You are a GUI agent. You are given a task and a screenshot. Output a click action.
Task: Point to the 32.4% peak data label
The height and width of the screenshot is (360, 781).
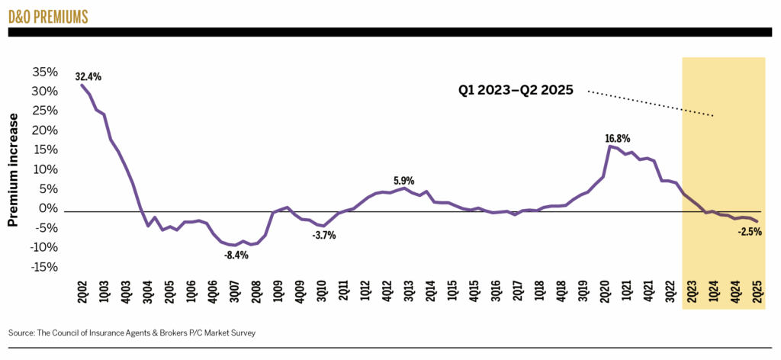tap(88, 76)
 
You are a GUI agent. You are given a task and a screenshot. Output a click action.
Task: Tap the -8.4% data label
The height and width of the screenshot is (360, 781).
tap(236, 255)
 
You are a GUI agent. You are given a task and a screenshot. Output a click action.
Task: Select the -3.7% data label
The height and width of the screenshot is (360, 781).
tap(323, 235)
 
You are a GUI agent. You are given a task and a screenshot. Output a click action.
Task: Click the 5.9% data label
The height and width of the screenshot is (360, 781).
tap(403, 181)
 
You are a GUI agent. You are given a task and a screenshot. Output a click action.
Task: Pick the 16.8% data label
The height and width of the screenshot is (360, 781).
tap(618, 138)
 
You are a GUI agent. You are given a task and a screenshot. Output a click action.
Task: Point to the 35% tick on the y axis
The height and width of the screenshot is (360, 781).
tap(45, 72)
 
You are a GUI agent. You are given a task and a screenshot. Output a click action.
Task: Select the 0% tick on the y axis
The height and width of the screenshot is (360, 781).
tap(47, 208)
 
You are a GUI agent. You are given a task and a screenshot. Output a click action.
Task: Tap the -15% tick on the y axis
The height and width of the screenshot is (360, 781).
tap(43, 267)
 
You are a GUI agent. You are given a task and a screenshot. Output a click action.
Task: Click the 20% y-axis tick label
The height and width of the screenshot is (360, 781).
tap(45, 130)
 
